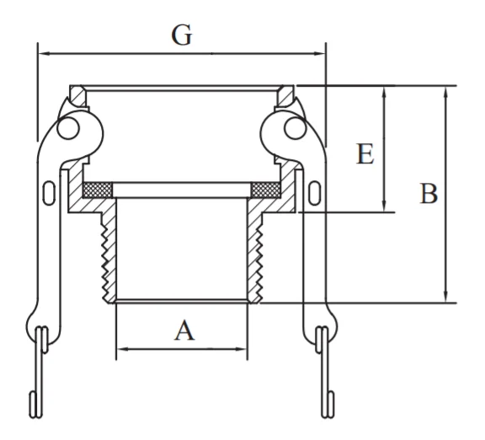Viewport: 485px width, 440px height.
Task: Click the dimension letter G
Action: point(182,35)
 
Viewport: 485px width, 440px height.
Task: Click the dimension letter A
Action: point(184,330)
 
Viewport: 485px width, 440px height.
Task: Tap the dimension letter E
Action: point(365,153)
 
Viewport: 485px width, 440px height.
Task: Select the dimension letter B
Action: point(429,194)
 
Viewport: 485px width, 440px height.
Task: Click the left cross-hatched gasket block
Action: point(98,190)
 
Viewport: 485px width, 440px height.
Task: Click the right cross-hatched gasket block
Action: point(266,190)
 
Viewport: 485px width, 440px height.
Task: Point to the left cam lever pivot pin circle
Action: point(68,128)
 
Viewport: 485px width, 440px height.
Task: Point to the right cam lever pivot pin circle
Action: point(296,128)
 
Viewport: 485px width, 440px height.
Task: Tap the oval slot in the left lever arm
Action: point(49,193)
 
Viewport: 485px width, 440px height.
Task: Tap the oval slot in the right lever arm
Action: point(315,193)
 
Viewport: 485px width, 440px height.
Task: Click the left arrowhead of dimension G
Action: point(44,54)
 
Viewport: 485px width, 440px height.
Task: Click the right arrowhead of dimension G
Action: point(319,54)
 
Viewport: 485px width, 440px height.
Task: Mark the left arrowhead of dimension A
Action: point(123,349)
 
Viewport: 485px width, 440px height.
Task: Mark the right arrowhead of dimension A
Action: point(241,349)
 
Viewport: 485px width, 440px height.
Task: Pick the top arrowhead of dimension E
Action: point(384,92)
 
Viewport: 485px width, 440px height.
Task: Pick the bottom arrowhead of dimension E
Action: point(384,206)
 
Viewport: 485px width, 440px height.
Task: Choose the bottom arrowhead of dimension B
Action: point(445,297)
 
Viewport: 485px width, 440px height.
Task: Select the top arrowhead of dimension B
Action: point(445,92)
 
